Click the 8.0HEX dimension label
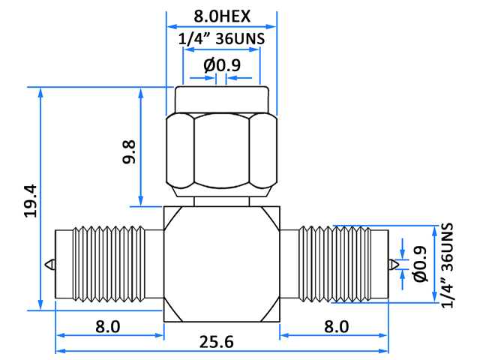tap(222, 16)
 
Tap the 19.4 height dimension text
tap(31, 201)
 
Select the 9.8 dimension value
tap(129, 152)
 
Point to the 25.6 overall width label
tap(217, 342)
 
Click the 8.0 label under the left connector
tap(108, 327)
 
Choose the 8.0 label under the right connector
tap(337, 327)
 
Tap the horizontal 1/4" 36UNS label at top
tap(221, 39)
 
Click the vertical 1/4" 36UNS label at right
tap(447, 265)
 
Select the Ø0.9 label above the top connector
tap(222, 65)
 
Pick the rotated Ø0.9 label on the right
tap(420, 264)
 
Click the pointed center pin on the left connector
tap(50, 265)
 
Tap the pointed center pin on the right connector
tap(394, 265)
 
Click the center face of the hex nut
tap(222, 151)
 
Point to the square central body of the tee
tap(222, 264)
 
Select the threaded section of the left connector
tap(109, 264)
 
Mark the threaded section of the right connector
tap(334, 264)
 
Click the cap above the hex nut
tap(222, 100)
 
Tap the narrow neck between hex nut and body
tap(222, 202)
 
